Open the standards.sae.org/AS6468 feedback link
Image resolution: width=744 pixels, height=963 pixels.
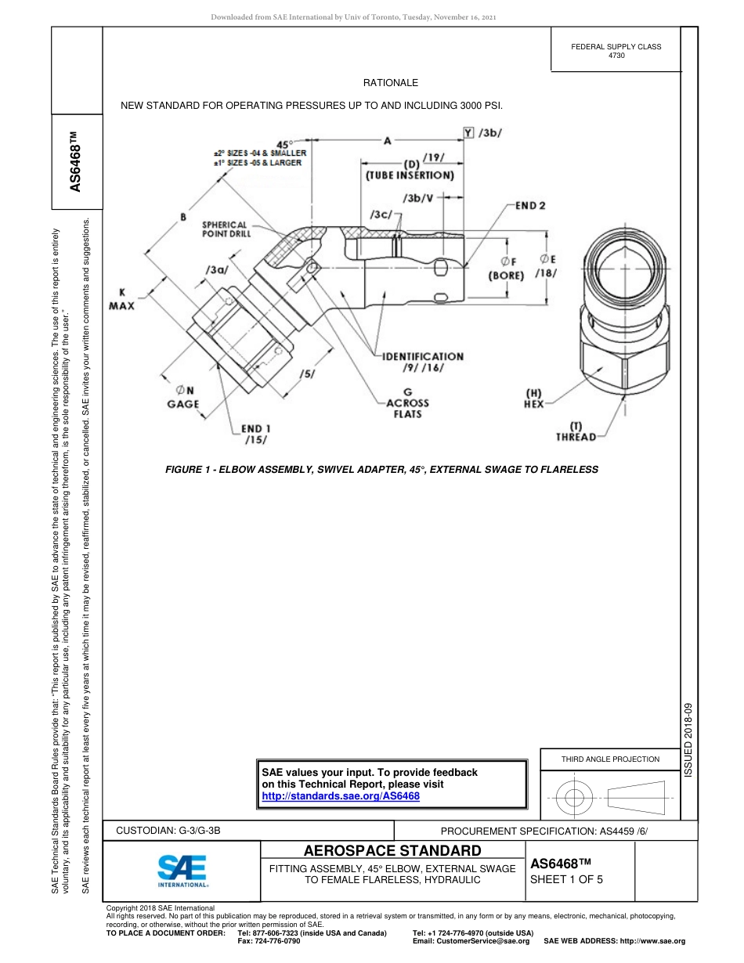(341, 795)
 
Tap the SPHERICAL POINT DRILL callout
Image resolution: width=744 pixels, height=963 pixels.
(225, 229)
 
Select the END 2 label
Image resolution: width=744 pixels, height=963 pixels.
(530, 206)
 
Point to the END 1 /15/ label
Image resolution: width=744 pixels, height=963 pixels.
(256, 435)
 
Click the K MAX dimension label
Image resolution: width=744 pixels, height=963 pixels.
(121, 298)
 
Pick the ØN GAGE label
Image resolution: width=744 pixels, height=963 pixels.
(182, 397)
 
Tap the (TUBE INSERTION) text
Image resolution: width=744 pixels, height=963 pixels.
(410, 175)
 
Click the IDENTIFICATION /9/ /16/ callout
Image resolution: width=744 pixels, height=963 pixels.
(423, 362)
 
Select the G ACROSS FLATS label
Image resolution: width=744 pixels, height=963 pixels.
(407, 402)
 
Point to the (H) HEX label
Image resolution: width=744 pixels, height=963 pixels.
(534, 399)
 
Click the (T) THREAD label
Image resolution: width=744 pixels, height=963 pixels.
(576, 431)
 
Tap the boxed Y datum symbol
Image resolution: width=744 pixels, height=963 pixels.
(468, 133)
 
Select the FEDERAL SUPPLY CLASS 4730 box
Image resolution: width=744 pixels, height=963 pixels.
(616, 51)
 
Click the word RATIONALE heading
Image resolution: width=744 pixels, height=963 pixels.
(390, 82)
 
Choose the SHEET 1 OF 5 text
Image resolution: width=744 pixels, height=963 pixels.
(567, 878)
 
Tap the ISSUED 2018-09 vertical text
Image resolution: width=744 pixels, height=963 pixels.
(689, 739)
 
